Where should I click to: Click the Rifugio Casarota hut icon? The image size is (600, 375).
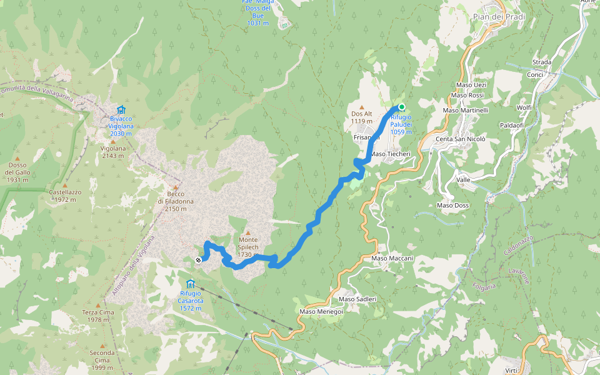click(190, 284)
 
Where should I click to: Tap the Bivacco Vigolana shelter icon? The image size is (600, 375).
click(121, 110)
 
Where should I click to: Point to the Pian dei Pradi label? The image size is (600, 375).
click(499, 17)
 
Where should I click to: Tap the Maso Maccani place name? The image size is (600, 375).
click(392, 257)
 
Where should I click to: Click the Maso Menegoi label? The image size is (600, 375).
click(321, 311)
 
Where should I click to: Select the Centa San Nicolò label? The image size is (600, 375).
click(460, 139)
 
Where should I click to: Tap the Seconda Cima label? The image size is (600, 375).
click(102, 361)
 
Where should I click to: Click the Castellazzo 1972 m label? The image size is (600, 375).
click(67, 196)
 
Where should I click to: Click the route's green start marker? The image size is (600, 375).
click(402, 107)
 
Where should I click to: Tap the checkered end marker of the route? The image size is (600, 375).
click(198, 259)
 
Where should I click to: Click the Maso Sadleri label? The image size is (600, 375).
click(357, 299)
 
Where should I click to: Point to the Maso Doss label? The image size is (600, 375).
click(452, 205)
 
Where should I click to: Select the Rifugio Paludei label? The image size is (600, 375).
click(401, 124)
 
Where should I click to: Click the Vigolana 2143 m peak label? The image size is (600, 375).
click(113, 152)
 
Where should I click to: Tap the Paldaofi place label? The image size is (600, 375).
click(512, 125)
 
